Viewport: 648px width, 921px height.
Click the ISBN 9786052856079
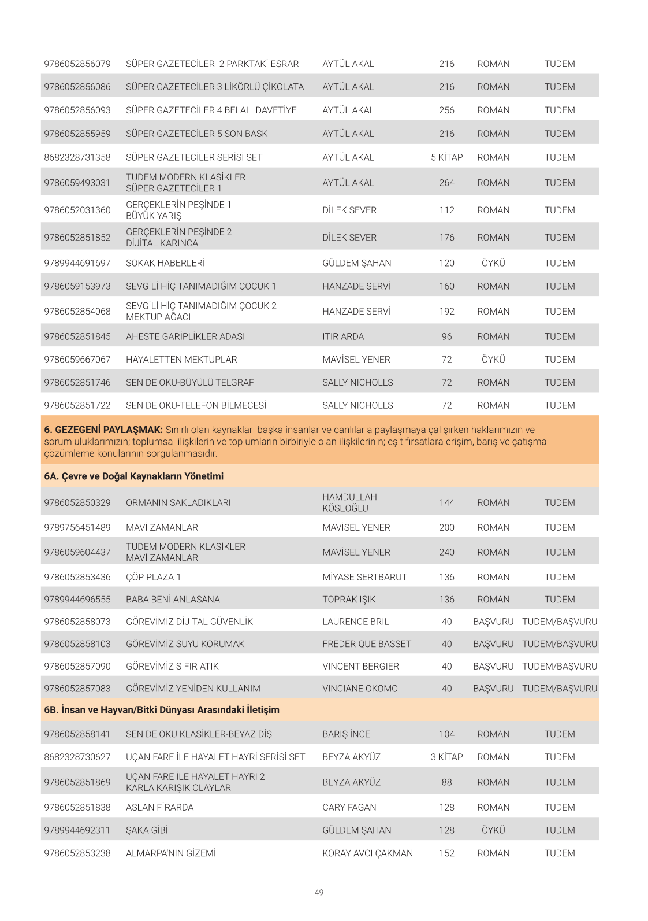[77, 64]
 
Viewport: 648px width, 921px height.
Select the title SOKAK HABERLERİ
[165, 263]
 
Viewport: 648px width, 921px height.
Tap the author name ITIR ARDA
[343, 336]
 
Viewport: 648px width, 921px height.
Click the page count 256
[446, 110]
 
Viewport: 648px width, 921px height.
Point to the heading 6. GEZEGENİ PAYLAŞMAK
[103, 430]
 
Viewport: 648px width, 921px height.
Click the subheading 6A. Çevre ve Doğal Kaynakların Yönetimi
[133, 476]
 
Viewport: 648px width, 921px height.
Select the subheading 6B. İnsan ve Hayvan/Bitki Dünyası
[162, 710]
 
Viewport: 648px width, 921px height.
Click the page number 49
[319, 893]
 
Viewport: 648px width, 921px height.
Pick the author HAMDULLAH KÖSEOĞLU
[349, 502]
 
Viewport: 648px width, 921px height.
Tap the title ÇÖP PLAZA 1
[153, 577]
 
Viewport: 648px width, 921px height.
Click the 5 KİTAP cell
[446, 157]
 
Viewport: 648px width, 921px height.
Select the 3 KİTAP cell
[446, 757]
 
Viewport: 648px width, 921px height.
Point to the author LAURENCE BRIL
[355, 622]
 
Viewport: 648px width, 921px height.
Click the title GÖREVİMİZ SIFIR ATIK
[172, 666]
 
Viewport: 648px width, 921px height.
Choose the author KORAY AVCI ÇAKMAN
[367, 853]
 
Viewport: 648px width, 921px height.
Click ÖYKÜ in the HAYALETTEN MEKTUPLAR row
[493, 360]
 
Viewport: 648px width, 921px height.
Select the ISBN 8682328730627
[77, 757]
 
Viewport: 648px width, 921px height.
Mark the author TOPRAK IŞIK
[349, 600]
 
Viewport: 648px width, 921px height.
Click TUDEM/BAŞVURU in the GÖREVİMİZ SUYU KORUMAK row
[559, 644]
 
